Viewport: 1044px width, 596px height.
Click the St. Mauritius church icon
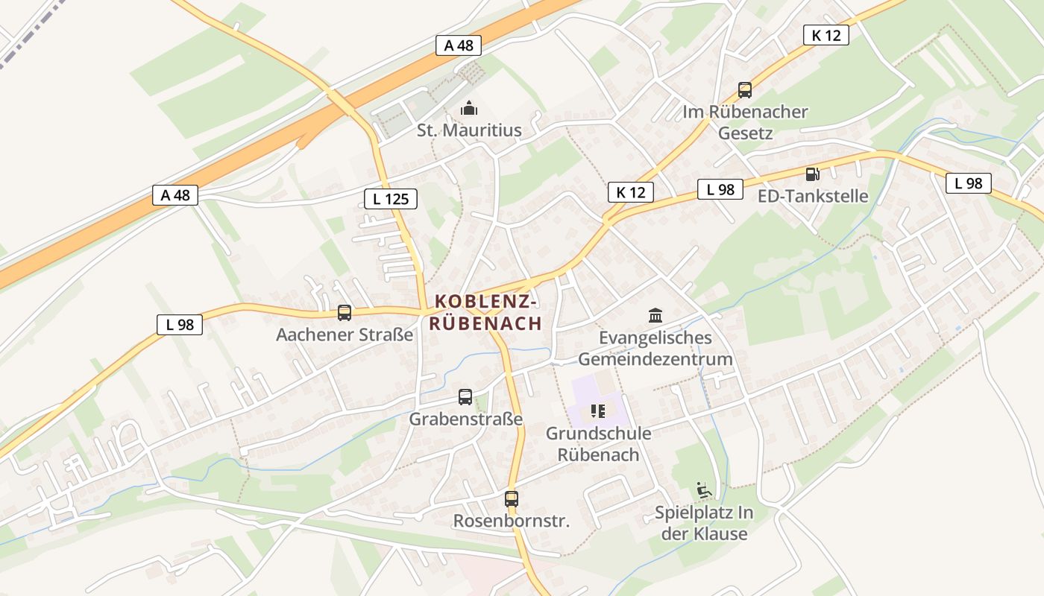pyautogui.click(x=469, y=109)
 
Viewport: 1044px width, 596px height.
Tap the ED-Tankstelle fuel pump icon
pyautogui.click(x=812, y=174)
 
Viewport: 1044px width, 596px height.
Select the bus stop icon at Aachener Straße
pyautogui.click(x=344, y=313)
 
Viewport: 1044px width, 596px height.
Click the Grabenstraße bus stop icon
pyautogui.click(x=465, y=397)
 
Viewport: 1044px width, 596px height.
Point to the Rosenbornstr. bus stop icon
pyautogui.click(x=511, y=499)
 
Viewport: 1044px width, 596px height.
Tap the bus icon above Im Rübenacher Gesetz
pyautogui.click(x=744, y=90)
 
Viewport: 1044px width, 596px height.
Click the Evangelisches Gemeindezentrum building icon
pyautogui.click(x=655, y=315)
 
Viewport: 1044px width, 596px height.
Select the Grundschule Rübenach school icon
pyautogui.click(x=597, y=410)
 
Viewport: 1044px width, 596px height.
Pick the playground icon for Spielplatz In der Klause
pyautogui.click(x=702, y=490)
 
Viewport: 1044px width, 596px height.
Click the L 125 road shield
pyautogui.click(x=391, y=199)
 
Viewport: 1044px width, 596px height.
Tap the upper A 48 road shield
pyautogui.click(x=459, y=45)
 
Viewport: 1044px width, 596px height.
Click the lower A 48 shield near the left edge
pyautogui.click(x=176, y=195)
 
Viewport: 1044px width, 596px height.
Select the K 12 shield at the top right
pyautogui.click(x=826, y=35)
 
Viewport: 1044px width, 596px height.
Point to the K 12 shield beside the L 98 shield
pyautogui.click(x=630, y=192)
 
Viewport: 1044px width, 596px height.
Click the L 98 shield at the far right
pyautogui.click(x=968, y=183)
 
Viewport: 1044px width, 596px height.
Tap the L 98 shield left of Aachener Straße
pyautogui.click(x=180, y=324)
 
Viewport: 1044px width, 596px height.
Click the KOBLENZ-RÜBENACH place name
pyautogui.click(x=485, y=312)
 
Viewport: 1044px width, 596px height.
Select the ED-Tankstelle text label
pyautogui.click(x=813, y=196)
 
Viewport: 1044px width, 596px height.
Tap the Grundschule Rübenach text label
pyautogui.click(x=598, y=444)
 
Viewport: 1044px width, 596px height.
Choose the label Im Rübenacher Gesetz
pyautogui.click(x=745, y=123)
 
